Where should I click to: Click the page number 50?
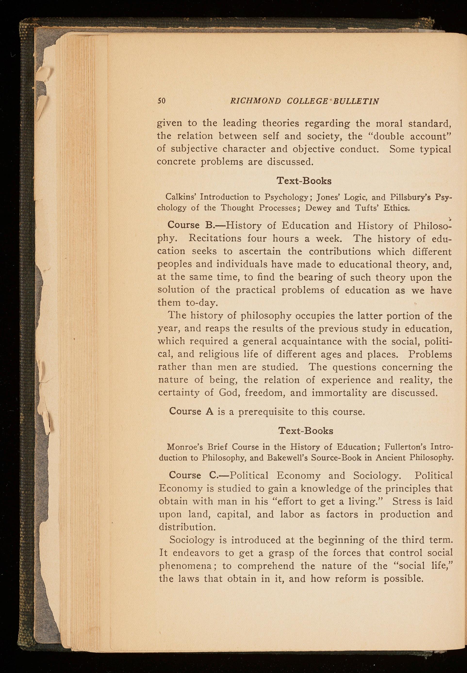tap(162, 101)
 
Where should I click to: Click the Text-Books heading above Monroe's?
tap(305, 430)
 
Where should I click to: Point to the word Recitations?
tap(215, 238)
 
